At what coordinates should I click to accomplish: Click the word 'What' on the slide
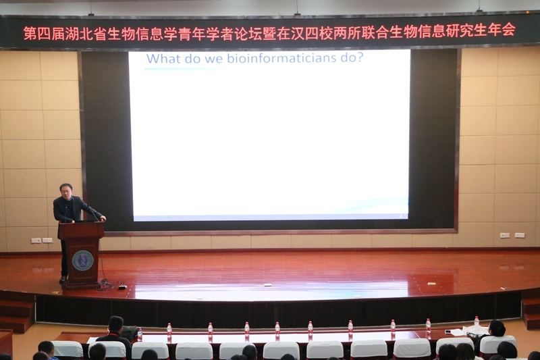(x=164, y=58)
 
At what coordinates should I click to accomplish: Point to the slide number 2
(x=400, y=215)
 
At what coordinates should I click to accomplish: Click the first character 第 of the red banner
(x=30, y=33)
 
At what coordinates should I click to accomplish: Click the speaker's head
(x=65, y=190)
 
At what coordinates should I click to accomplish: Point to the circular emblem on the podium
(x=82, y=260)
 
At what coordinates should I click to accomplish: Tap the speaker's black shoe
(x=63, y=279)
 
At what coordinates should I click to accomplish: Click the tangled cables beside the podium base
(x=107, y=284)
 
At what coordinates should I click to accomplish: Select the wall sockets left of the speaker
(x=42, y=240)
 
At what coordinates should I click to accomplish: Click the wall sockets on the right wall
(x=512, y=235)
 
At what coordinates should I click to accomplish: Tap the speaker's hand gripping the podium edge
(x=103, y=218)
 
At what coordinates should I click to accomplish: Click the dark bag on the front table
(x=129, y=332)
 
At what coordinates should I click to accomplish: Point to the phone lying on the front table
(x=448, y=332)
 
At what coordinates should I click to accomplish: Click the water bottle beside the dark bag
(x=140, y=334)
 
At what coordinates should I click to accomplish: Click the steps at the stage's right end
(x=531, y=312)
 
